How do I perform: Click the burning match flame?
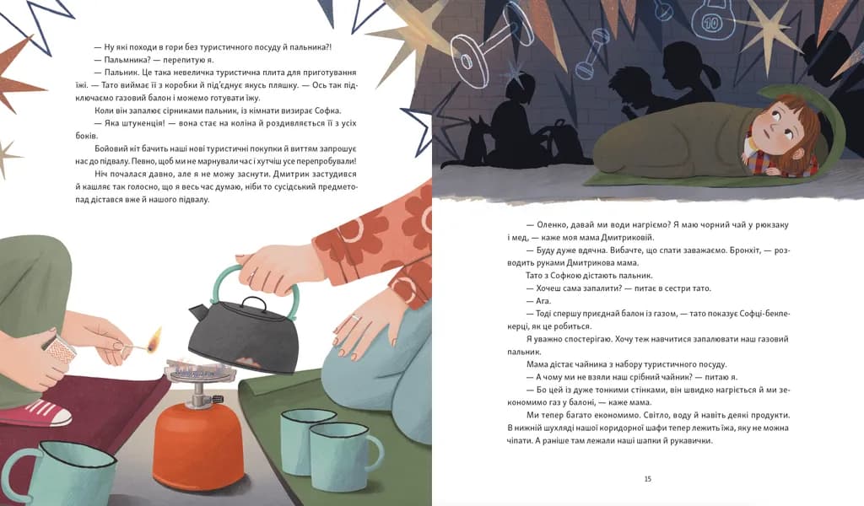tap(156, 336)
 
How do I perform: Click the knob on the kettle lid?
tap(253, 301)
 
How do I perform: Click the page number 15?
tap(647, 479)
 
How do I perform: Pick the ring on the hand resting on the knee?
tap(356, 319)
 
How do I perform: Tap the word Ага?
tap(543, 301)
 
